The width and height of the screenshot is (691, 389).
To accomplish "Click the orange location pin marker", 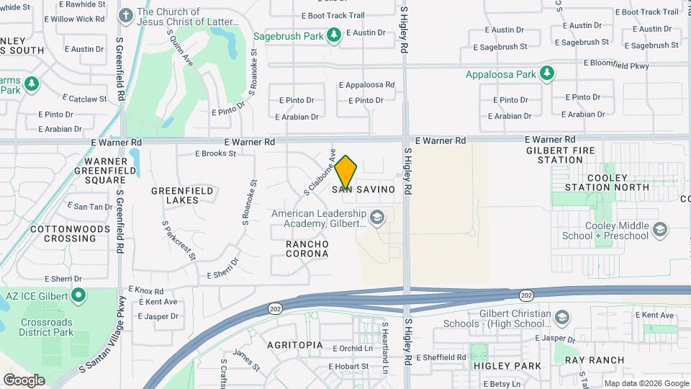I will click(345, 173).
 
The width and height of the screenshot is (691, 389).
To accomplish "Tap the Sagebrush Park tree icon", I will click(333, 34).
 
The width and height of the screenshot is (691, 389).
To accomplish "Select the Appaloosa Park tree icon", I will click(547, 73).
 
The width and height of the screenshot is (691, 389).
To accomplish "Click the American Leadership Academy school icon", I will click(376, 217).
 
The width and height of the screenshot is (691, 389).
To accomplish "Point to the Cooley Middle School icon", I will click(661, 230).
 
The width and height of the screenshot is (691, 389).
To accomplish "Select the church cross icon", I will click(125, 15).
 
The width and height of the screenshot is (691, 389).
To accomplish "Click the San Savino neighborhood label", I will click(363, 189).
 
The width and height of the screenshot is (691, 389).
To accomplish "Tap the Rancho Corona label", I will click(307, 249).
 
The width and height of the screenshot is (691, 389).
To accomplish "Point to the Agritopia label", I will click(294, 345).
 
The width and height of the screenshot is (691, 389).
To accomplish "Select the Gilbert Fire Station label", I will click(564, 154).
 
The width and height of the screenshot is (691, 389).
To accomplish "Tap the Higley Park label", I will click(507, 365).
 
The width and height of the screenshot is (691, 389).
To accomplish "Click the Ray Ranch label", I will click(594, 359).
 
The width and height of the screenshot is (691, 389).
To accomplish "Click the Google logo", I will click(24, 380).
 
